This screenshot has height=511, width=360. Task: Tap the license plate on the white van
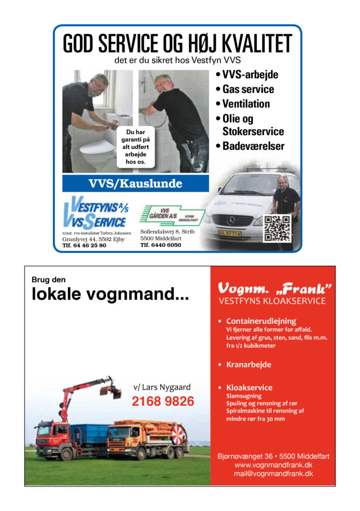(x=229, y=234)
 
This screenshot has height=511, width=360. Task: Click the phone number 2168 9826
(x=163, y=401)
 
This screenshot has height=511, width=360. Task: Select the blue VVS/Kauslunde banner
(x=135, y=184)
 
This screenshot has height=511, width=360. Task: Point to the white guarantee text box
(x=135, y=147)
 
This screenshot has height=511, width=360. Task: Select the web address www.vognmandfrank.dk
(x=273, y=465)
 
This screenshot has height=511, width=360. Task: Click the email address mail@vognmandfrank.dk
(x=273, y=474)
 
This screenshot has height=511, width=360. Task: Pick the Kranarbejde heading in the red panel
(x=248, y=365)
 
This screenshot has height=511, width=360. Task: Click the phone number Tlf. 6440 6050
(x=161, y=246)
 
